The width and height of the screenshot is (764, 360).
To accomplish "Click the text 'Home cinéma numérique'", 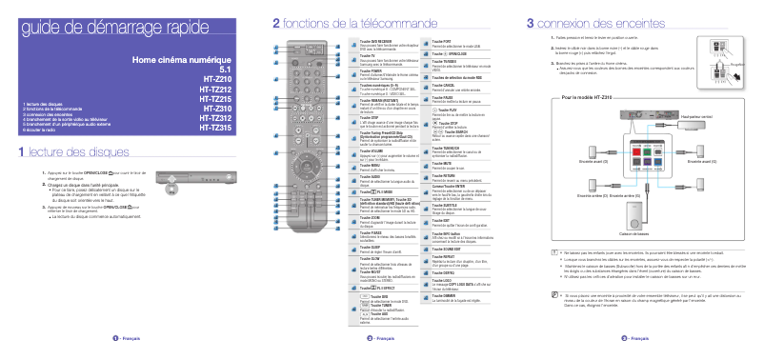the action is click(x=182, y=61).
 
